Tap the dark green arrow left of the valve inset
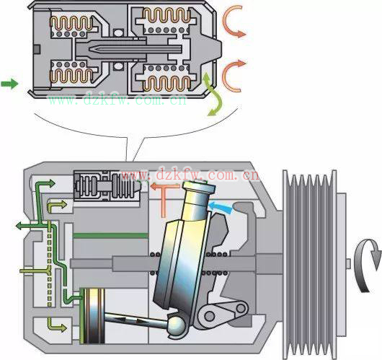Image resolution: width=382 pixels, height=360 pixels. click(9, 84)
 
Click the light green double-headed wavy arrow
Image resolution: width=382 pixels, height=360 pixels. click(214, 94)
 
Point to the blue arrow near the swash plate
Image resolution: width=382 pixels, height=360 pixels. click(220, 207)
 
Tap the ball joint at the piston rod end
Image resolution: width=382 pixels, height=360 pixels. click(177, 325)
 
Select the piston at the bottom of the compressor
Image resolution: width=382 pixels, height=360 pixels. click(92, 316)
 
